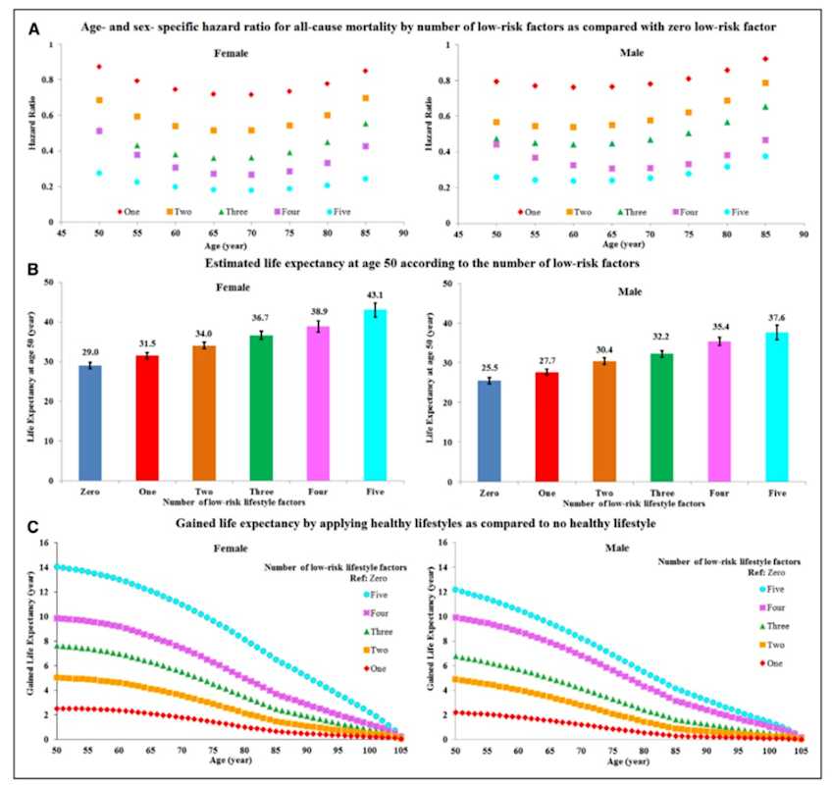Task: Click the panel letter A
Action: (32, 30)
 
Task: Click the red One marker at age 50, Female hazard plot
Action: (99, 67)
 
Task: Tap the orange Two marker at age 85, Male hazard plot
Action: (765, 83)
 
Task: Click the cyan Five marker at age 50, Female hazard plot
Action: (99, 173)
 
